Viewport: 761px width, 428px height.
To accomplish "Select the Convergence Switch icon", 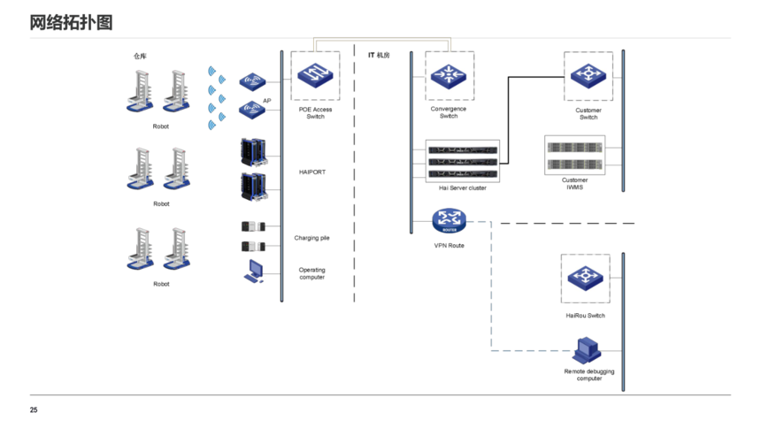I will (x=450, y=76).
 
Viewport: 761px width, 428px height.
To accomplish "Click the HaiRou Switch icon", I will (x=586, y=279).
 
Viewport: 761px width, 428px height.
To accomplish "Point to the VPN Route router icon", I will (x=449, y=220).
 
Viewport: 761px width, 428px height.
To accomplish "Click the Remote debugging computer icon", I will (x=588, y=352).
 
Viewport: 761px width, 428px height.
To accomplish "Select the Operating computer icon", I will (x=254, y=271).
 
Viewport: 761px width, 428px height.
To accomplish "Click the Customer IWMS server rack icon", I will (x=574, y=155).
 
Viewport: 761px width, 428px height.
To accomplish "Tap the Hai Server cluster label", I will (x=463, y=188).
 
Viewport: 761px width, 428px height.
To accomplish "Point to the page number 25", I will (x=34, y=410).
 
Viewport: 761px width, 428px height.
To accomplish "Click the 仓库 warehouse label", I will (x=140, y=57).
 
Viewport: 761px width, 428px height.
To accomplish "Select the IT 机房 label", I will (x=379, y=56).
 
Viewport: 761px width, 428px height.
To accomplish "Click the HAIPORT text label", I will (x=311, y=172).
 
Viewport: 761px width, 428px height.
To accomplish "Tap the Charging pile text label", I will (x=311, y=238).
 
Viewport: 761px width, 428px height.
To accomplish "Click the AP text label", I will (x=266, y=101).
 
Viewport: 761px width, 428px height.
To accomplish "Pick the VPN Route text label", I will (x=449, y=245).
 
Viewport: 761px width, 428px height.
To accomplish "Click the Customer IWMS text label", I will (x=574, y=184).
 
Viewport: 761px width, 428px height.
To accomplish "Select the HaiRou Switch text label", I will (x=585, y=316).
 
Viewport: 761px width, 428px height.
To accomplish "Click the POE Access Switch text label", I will (x=315, y=113).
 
